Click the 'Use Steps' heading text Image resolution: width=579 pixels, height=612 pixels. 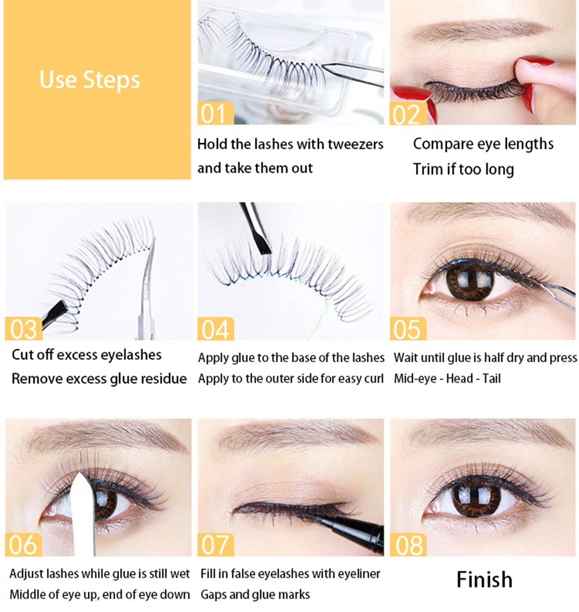[x=89, y=80]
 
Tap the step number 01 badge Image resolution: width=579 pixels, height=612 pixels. [x=214, y=113]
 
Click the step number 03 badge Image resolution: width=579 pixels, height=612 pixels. [x=24, y=329]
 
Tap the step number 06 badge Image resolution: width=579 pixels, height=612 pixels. [x=24, y=544]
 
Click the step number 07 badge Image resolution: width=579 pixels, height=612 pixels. [x=214, y=544]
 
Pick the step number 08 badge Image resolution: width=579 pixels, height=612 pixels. [x=407, y=544]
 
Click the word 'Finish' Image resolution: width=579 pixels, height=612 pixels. [x=484, y=579]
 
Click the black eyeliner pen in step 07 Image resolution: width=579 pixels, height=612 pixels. [x=351, y=527]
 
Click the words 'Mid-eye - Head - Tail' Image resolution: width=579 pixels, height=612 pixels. [x=447, y=378]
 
